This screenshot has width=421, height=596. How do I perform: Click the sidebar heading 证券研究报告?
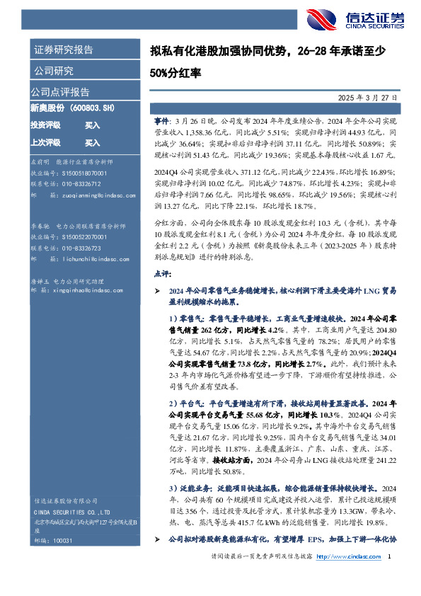coord(62,50)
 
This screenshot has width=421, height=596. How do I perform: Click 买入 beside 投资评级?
coord(93,125)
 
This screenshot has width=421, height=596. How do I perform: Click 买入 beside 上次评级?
coord(93,142)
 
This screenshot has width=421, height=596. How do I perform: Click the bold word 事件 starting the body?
coord(162,122)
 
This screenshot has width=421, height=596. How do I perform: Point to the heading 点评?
coord(161,272)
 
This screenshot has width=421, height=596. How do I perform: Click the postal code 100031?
coord(63,560)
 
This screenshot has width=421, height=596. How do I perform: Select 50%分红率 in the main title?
coord(176,72)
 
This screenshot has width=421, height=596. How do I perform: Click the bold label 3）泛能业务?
coord(190,488)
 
